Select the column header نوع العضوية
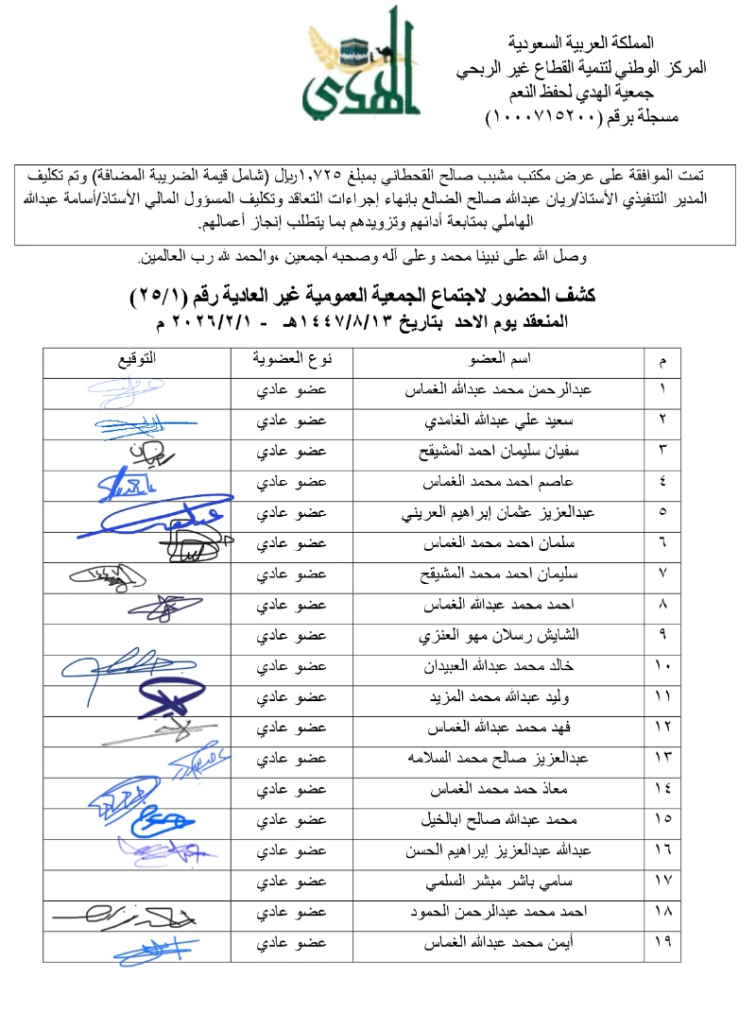click(x=292, y=360)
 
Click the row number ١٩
click(x=661, y=942)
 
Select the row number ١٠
click(x=661, y=665)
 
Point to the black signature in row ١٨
click(x=123, y=913)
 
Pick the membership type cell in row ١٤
click(x=292, y=788)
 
